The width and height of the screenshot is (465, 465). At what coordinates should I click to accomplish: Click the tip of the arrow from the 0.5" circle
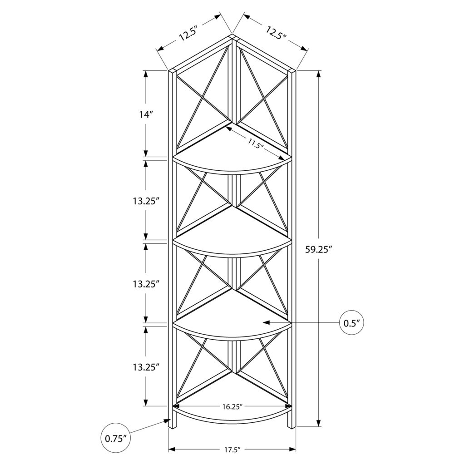[263, 322]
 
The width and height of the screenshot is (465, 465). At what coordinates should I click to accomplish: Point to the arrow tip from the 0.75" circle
[171, 419]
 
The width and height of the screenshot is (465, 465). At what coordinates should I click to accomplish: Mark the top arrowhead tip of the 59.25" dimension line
[318, 70]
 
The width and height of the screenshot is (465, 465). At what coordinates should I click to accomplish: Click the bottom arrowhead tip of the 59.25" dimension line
[318, 426]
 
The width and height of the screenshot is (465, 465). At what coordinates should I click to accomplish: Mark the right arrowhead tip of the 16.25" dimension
[292, 406]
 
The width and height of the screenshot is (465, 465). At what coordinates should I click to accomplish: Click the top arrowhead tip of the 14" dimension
[146, 70]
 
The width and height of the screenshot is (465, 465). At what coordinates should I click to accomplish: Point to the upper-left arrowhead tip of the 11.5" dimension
[226, 127]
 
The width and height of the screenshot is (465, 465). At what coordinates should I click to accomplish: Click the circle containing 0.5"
[351, 323]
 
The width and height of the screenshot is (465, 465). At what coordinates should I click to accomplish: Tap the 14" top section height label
[146, 114]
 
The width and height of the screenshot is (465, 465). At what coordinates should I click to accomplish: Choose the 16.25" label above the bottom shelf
[232, 406]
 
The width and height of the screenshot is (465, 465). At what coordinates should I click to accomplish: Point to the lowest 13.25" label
[146, 367]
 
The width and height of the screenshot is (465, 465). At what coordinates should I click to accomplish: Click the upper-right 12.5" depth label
[276, 33]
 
